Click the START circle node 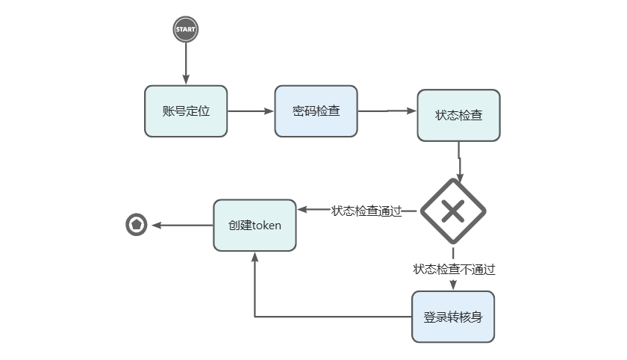coord(186,30)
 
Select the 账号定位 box coord(186,111)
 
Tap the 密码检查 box coord(316,111)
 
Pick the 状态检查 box coord(458,116)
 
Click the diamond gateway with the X coord(453,211)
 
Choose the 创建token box coord(255,225)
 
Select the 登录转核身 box coord(453,317)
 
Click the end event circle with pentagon coord(137,224)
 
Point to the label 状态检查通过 coord(366,211)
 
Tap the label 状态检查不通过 coord(454,269)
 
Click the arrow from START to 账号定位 coord(186,63)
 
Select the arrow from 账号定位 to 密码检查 coord(251,111)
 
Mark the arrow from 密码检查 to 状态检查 coord(387,111)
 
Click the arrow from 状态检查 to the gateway coord(459,161)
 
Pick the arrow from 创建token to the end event coord(182,225)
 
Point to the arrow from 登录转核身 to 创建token coord(255,299)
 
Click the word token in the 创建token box coord(266,225)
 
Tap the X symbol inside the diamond coord(453,211)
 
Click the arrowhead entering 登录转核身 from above coord(453,285)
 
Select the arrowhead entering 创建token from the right coord(302,211)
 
